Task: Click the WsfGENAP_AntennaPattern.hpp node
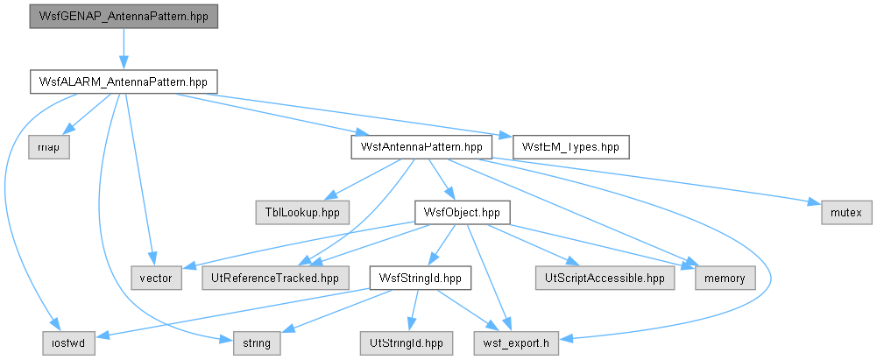(x=124, y=17)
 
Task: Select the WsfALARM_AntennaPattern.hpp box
(x=124, y=82)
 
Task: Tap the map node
(x=49, y=147)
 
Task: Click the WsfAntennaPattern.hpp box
(x=421, y=147)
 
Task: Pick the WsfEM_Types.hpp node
(x=570, y=147)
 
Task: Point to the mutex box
(x=846, y=213)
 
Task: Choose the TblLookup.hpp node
(x=302, y=213)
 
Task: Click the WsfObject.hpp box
(x=462, y=213)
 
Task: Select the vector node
(x=157, y=279)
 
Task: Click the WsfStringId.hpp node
(x=420, y=279)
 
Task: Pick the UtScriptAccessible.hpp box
(x=605, y=279)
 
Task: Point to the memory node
(x=725, y=279)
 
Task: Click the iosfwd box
(x=69, y=343)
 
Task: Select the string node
(x=258, y=343)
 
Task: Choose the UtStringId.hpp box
(x=407, y=343)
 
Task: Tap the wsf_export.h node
(x=516, y=343)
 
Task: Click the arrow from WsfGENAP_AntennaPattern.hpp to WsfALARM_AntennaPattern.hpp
(x=124, y=49)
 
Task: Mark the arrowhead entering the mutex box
(x=816, y=204)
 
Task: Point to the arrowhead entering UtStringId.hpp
(x=410, y=326)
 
